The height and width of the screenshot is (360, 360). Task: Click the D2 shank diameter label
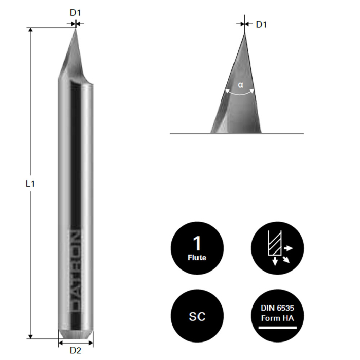[x=76, y=351]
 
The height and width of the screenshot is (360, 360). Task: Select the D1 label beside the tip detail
[x=262, y=24]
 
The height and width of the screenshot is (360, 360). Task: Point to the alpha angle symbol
[x=240, y=85]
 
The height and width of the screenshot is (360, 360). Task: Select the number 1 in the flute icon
[x=197, y=243]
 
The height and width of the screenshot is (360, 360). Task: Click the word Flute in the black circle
[x=197, y=257]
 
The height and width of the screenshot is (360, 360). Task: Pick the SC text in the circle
[x=197, y=316]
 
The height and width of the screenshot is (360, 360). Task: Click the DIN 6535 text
[x=277, y=308]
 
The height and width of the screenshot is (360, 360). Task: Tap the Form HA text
[x=277, y=318]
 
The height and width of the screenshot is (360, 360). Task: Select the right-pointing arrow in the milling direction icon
[x=289, y=248]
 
